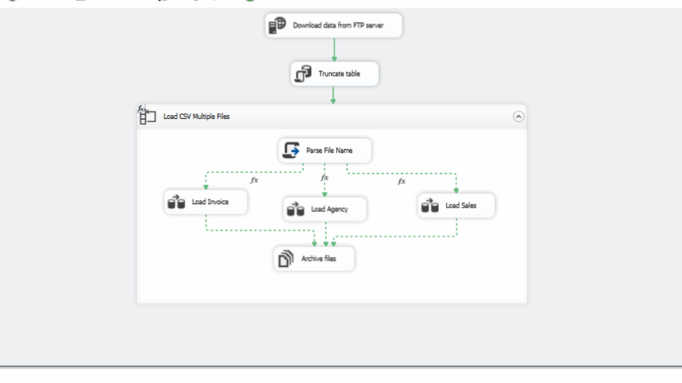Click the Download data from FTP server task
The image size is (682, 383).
334,25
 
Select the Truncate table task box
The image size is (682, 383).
335,74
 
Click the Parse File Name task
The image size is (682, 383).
325,150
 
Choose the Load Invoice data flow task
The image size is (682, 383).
206,202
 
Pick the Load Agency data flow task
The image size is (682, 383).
325,209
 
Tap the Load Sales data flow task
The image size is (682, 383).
456,205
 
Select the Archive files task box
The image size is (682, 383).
315,259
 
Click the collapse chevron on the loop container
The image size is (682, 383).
518,117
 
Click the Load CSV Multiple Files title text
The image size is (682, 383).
197,117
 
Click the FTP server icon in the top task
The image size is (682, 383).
276,25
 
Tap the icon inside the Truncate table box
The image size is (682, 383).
303,74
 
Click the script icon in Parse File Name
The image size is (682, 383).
292,150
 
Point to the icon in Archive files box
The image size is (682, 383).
285,259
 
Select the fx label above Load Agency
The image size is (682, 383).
324,177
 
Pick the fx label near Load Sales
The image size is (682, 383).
401,181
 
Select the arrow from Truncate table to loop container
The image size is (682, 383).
334,95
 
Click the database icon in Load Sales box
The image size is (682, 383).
430,206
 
